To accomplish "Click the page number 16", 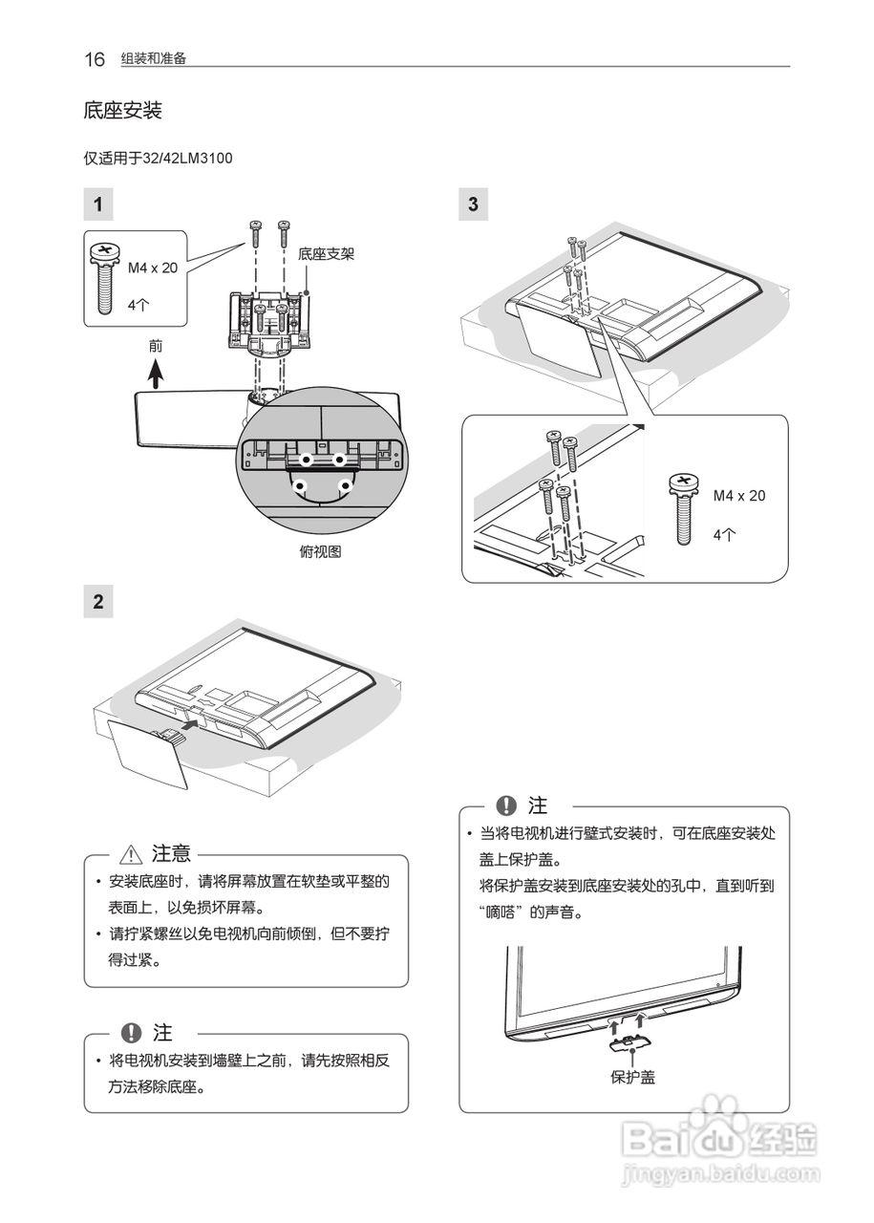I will (x=94, y=59).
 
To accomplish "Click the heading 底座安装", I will (x=122, y=111).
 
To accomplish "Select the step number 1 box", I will (x=98, y=204).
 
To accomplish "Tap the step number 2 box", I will (x=98, y=602).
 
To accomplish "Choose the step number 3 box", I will (x=474, y=204).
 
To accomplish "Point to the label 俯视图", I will (x=320, y=551).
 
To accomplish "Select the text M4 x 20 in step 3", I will (x=738, y=496).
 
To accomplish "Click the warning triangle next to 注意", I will (x=131, y=854).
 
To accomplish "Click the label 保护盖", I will (x=632, y=1077).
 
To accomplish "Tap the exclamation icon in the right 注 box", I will (x=506, y=805).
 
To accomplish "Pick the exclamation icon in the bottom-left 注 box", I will (x=131, y=1033).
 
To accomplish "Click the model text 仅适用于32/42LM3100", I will (x=159, y=158).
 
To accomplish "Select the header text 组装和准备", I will (x=153, y=59).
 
